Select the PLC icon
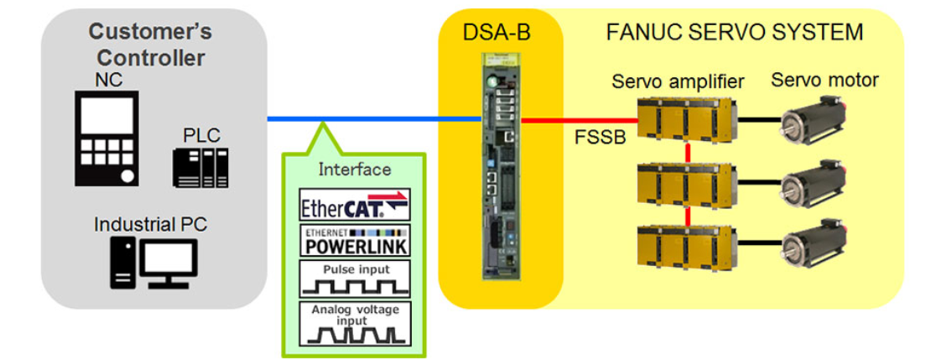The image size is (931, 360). coord(200,166)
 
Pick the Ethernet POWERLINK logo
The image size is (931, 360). coord(355,241)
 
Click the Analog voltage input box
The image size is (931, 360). coord(355,323)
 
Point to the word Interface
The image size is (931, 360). coord(354,170)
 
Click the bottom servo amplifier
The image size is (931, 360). coord(687,244)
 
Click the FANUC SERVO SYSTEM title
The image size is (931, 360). coord(734,33)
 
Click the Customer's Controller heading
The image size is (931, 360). coord(150,45)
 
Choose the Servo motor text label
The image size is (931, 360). coord(824,81)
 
